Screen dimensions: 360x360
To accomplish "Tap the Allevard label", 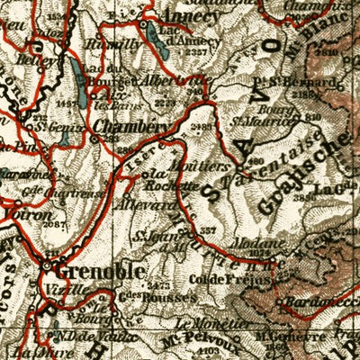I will (x=157, y=205).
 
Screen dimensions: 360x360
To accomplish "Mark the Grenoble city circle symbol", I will (x=49, y=265).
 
